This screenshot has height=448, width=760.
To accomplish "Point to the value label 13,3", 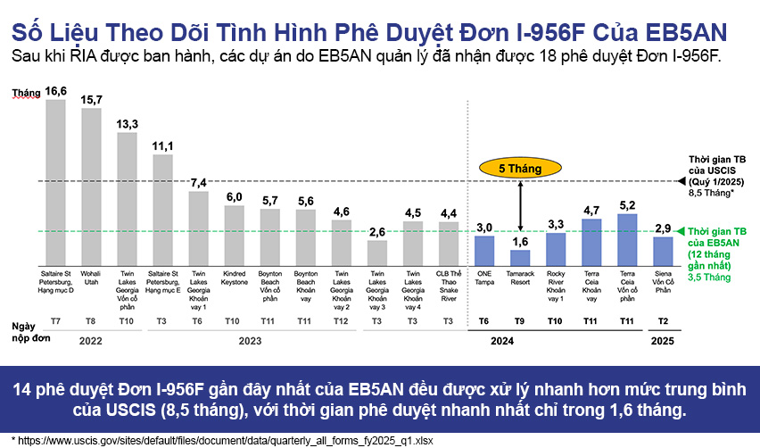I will [x=128, y=123].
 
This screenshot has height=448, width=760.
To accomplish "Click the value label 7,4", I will [x=198, y=183].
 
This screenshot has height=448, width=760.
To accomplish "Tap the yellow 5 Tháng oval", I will [x=520, y=167].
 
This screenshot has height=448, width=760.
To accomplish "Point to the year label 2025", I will [x=662, y=340].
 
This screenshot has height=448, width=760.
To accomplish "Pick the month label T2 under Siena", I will [x=662, y=320].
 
